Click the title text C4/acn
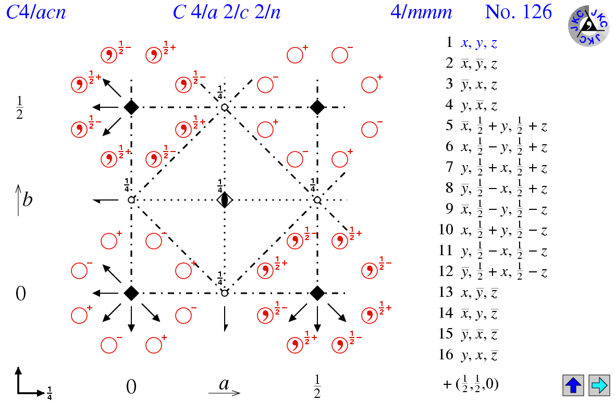click(36, 12)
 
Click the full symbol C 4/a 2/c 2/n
click(227, 12)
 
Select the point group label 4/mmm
click(421, 12)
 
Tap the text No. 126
click(518, 12)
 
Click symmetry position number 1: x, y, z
click(478, 43)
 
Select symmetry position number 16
click(478, 355)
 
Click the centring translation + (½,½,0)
click(470, 385)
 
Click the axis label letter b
click(27, 200)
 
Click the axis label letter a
click(224, 385)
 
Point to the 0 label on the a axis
click(131, 386)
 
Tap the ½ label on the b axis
click(19, 108)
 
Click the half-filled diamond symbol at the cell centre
click(225, 200)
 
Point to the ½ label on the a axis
click(317, 386)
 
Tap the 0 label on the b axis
click(20, 294)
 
